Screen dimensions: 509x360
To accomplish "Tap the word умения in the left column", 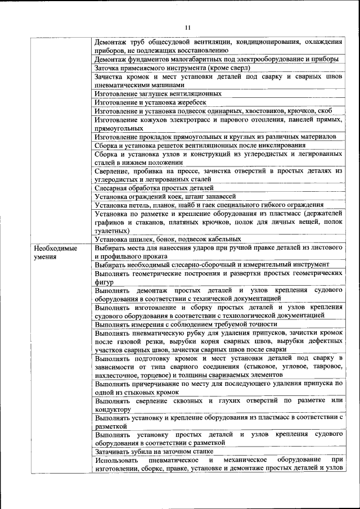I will click(45, 256).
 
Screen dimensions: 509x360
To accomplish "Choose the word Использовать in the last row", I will click(116, 460).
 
